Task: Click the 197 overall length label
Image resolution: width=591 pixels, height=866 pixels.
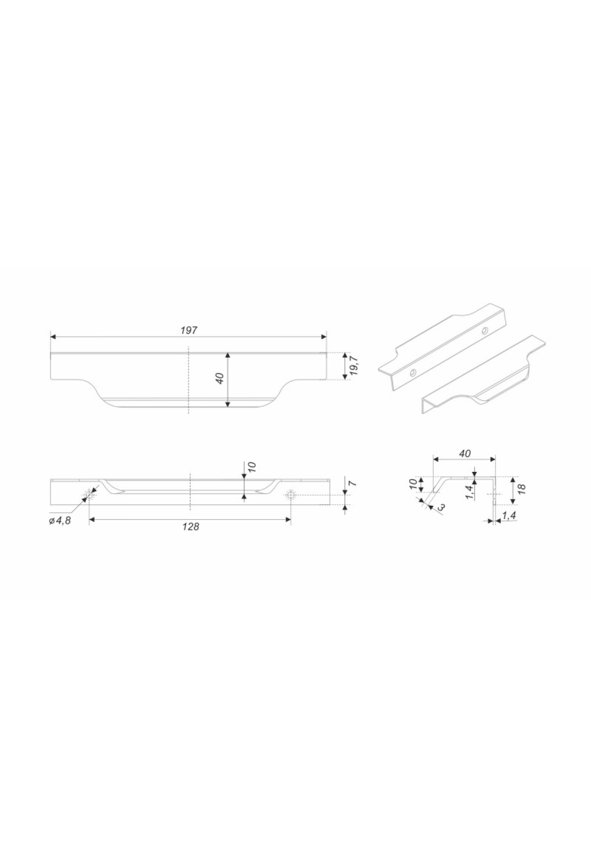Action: pyautogui.click(x=189, y=330)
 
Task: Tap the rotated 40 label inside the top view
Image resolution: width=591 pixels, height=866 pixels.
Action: pyautogui.click(x=220, y=378)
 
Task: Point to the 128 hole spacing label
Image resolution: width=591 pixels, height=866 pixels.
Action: pyautogui.click(x=191, y=526)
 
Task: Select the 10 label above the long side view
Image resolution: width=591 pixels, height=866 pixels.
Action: pyautogui.click(x=252, y=466)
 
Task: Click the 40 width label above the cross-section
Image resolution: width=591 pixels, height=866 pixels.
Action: pyautogui.click(x=464, y=453)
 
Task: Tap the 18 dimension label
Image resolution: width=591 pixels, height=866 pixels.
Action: pyautogui.click(x=522, y=489)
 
